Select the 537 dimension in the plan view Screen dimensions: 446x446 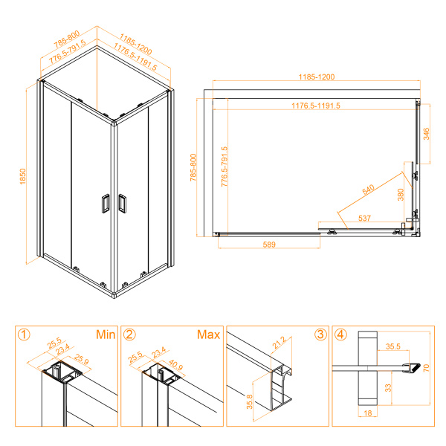point(364,219)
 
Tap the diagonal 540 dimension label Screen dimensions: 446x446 point(369,190)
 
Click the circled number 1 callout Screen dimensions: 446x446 point(25,334)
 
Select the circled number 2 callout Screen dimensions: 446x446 point(129,334)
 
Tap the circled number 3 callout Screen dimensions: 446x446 point(320,334)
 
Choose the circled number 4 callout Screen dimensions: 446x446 point(340,334)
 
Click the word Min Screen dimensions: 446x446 point(105,334)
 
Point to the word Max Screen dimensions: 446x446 point(208,334)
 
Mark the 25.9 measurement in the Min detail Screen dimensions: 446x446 point(81,361)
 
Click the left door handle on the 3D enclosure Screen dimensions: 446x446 point(104,204)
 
